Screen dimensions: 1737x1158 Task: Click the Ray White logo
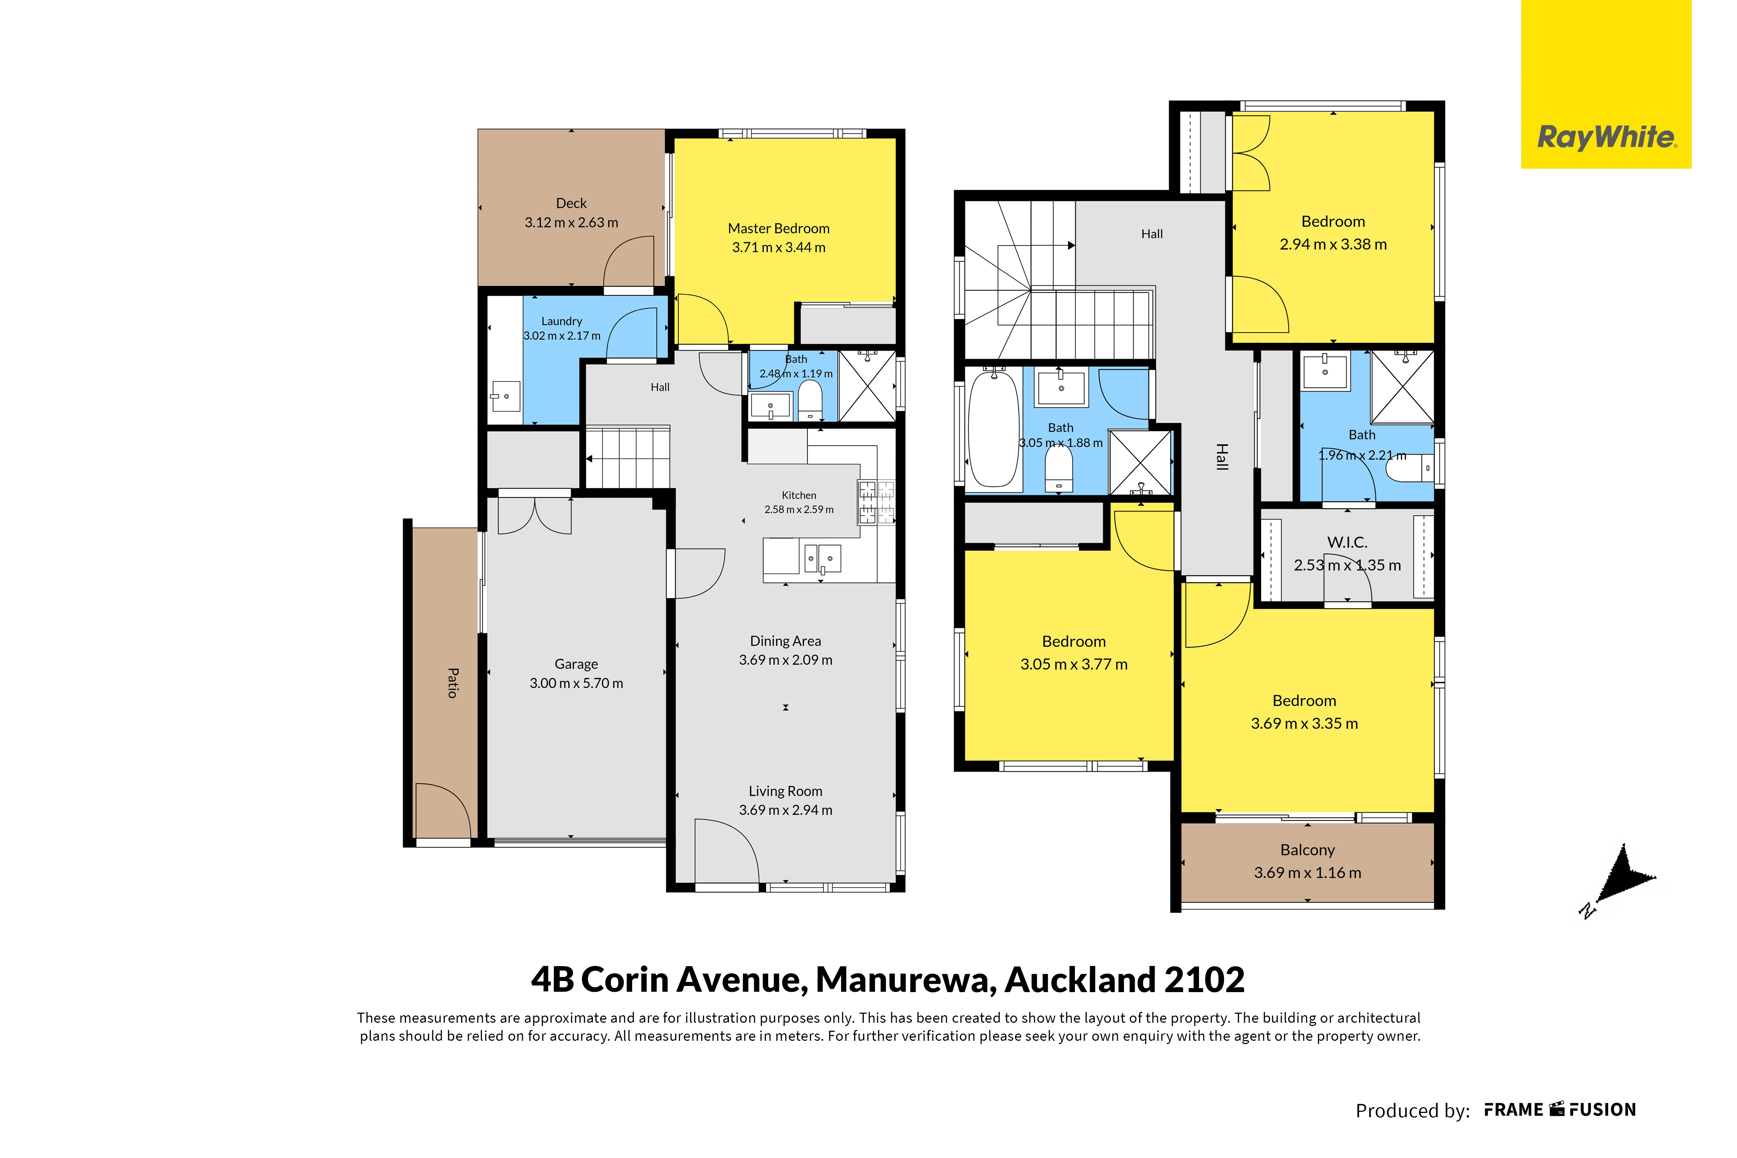1606,84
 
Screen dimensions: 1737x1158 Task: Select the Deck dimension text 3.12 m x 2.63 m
571,222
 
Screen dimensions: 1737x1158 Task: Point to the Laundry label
561,321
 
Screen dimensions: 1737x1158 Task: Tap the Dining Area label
786,641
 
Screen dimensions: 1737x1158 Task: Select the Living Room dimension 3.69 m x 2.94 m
786,810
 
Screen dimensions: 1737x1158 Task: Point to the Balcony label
1308,850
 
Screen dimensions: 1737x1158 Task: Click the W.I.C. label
1347,542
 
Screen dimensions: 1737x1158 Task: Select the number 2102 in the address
1204,980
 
